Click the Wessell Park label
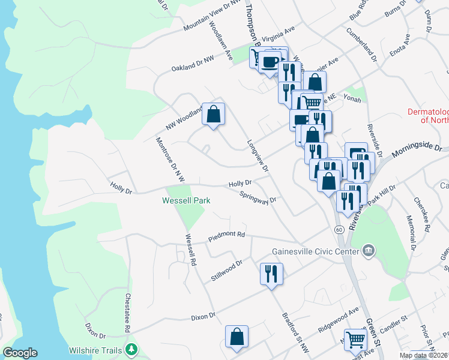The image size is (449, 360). [186, 200]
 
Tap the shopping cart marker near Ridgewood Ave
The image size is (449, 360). [355, 339]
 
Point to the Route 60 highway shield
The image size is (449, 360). [339, 229]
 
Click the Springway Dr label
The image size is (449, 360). [258, 196]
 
